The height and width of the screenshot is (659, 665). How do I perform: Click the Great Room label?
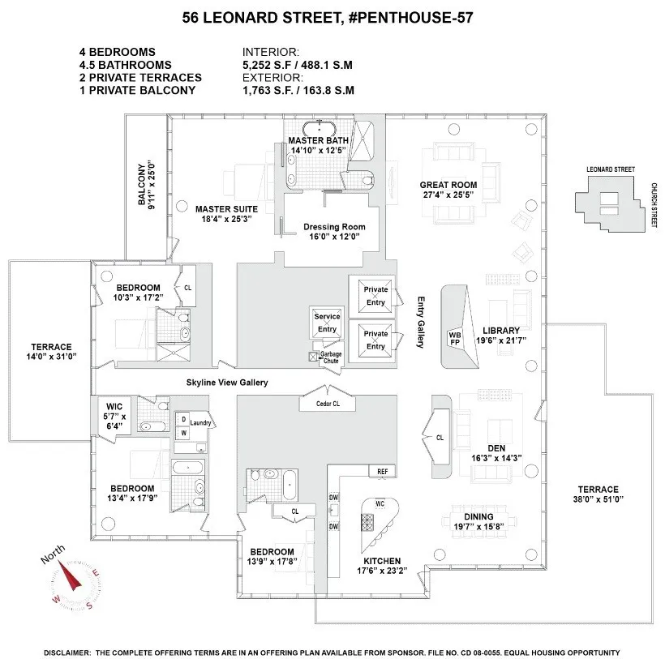tap(449, 185)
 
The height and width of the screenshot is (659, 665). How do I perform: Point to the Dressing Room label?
tap(334, 227)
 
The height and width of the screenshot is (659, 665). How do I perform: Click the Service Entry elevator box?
tap(327, 323)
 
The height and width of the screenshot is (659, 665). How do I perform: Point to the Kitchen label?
tap(381, 561)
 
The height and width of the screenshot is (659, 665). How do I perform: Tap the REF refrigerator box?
tap(381, 471)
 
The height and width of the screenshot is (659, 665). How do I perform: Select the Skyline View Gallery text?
tap(226, 382)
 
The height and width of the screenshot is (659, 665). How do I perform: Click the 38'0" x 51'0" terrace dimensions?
tap(598, 499)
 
